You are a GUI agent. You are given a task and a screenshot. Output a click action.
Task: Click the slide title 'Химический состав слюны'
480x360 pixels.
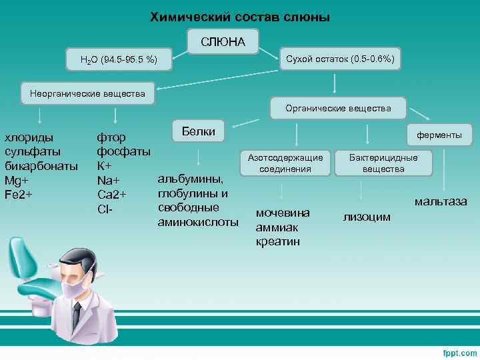click(239, 16)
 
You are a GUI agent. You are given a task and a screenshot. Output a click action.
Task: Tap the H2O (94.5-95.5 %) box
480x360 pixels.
click(119, 61)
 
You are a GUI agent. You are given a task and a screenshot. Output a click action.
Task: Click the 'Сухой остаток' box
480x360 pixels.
click(339, 59)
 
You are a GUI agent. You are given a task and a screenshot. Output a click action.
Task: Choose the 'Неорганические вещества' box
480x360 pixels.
click(87, 93)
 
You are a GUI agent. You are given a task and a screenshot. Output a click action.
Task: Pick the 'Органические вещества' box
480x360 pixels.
click(338, 107)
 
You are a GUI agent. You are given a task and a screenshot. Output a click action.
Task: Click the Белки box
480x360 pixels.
click(199, 131)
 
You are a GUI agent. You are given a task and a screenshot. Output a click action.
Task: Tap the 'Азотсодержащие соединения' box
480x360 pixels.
click(285, 163)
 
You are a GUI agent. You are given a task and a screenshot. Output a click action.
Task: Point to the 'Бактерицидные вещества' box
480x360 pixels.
click(384, 163)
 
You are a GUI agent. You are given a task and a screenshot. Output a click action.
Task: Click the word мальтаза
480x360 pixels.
click(441, 201)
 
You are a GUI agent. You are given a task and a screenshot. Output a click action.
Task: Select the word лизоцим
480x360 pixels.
click(367, 217)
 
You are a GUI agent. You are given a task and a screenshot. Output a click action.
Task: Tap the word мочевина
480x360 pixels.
click(283, 213)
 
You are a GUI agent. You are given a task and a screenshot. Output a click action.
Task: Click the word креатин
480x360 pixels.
click(277, 241)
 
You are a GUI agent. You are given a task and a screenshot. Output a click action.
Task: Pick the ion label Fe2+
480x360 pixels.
click(18, 195)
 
